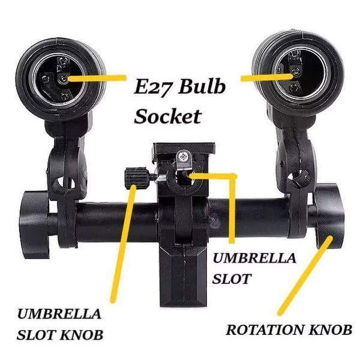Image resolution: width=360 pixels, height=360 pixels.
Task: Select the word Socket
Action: tap(168, 116)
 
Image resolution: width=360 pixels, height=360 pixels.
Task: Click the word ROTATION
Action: tap(264, 330)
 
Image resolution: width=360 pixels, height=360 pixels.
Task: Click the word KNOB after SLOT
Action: tap(82, 335)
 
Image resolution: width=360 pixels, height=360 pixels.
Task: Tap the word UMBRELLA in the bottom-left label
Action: tap(59, 314)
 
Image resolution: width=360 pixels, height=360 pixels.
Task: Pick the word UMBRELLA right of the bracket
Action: tap(254, 258)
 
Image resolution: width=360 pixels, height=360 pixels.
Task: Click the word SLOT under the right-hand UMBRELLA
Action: tap(232, 279)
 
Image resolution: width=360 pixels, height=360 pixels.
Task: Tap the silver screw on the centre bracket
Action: tap(183, 157)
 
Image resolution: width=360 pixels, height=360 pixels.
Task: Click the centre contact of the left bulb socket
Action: tap(62, 79)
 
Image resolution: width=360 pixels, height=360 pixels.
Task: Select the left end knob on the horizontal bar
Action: tap(34, 224)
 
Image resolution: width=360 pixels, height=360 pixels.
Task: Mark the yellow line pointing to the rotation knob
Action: tap(305, 275)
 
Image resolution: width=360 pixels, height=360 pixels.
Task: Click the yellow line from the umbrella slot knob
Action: tap(123, 244)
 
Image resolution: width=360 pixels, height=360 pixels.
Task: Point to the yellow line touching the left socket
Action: tap(97, 78)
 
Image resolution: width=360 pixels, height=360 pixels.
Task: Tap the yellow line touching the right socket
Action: tap(267, 77)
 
